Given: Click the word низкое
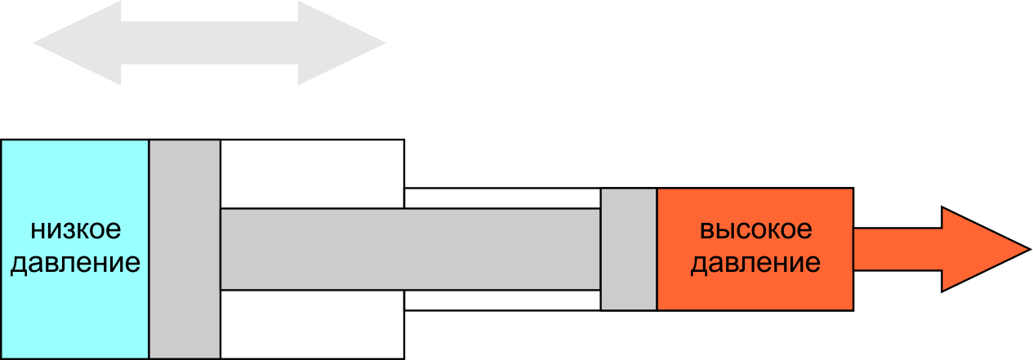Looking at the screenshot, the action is [x=76, y=229].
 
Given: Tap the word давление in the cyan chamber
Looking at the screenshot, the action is [x=75, y=263].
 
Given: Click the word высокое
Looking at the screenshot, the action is [x=756, y=229].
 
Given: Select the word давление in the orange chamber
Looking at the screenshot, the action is [x=755, y=263].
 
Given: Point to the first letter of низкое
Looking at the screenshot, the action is [x=38, y=230].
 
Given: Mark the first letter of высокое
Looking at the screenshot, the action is [x=707, y=230].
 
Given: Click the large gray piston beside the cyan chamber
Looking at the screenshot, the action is [x=185, y=249].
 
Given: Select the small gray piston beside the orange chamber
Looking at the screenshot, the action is [x=629, y=249].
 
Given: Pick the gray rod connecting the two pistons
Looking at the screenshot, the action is [x=410, y=249].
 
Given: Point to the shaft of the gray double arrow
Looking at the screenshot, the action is [x=209, y=43].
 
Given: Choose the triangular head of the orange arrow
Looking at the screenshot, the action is [x=977, y=249].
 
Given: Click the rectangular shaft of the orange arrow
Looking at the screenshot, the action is [x=897, y=249].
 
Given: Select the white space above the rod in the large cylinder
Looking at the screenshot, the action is [x=312, y=174].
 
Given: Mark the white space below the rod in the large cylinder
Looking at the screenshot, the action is [x=312, y=324].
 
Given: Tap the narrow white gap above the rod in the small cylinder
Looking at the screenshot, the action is [x=502, y=198].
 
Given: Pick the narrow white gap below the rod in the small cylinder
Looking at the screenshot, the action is [x=502, y=300].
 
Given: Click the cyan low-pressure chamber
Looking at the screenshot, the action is [x=74, y=249].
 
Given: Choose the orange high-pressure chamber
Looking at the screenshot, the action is [x=755, y=249].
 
